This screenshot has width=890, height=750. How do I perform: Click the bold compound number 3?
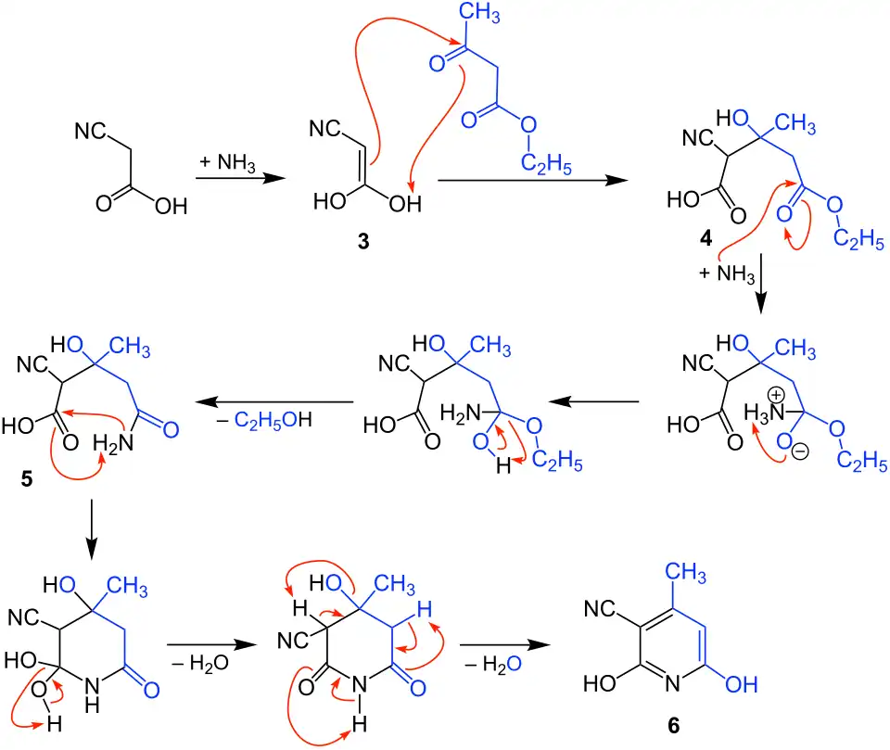coord(362,241)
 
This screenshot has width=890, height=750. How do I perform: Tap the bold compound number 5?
coord(24,481)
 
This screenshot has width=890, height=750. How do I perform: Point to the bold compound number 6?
coord(673,725)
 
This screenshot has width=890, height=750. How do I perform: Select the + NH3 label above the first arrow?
coord(226,162)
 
